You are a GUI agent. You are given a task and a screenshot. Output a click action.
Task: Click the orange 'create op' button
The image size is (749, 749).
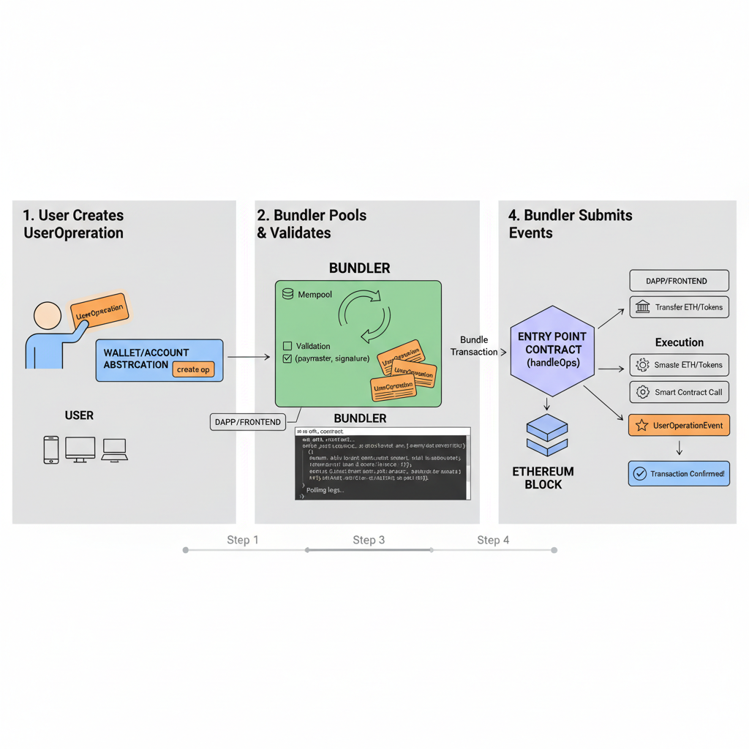pyautogui.click(x=193, y=369)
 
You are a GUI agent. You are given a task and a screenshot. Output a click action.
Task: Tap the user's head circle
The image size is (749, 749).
pyautogui.click(x=48, y=315)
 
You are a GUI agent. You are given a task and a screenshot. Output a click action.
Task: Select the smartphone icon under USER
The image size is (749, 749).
pyautogui.click(x=50, y=450)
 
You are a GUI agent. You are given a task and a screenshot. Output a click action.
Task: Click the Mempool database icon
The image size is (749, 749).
pyautogui.click(x=287, y=293)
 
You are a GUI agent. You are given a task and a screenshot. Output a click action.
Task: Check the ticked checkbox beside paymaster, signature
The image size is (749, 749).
pyautogui.click(x=287, y=358)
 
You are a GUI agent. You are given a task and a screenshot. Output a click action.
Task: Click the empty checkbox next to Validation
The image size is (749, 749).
pyautogui.click(x=287, y=346)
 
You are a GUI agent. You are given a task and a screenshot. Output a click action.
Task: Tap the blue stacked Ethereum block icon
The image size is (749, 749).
pyautogui.click(x=547, y=436)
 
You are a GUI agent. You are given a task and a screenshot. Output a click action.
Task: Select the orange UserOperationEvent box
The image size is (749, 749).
pyautogui.click(x=679, y=425)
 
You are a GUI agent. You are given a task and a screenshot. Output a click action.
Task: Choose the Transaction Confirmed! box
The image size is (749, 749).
pyautogui.click(x=679, y=473)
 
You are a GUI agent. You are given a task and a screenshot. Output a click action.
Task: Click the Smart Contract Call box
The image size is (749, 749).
pyautogui.click(x=679, y=392)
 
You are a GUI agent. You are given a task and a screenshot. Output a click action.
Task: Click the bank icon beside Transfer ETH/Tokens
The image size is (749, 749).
pyautogui.click(x=643, y=307)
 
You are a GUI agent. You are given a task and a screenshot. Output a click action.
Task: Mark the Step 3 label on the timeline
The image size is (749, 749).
pyautogui.click(x=369, y=540)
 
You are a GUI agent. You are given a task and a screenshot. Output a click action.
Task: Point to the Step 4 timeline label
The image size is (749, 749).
pyautogui.click(x=493, y=540)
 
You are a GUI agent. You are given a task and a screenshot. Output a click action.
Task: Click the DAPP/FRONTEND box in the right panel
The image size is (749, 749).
pyautogui.click(x=679, y=281)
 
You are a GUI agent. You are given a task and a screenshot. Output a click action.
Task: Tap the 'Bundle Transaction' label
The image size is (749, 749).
pyautogui.click(x=474, y=346)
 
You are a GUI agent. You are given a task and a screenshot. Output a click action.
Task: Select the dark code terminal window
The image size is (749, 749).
pyautogui.click(x=383, y=464)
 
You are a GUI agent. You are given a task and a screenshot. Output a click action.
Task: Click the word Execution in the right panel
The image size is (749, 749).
pyautogui.click(x=680, y=342)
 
